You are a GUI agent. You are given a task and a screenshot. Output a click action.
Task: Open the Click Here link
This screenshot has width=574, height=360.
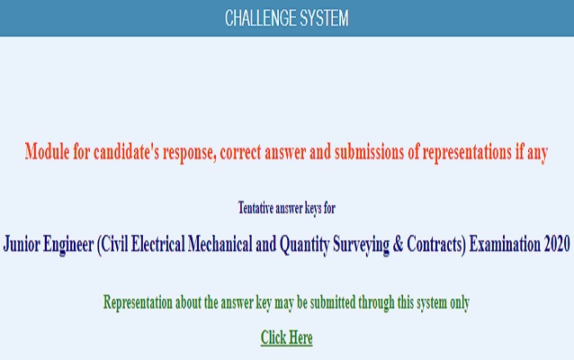[286, 337]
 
